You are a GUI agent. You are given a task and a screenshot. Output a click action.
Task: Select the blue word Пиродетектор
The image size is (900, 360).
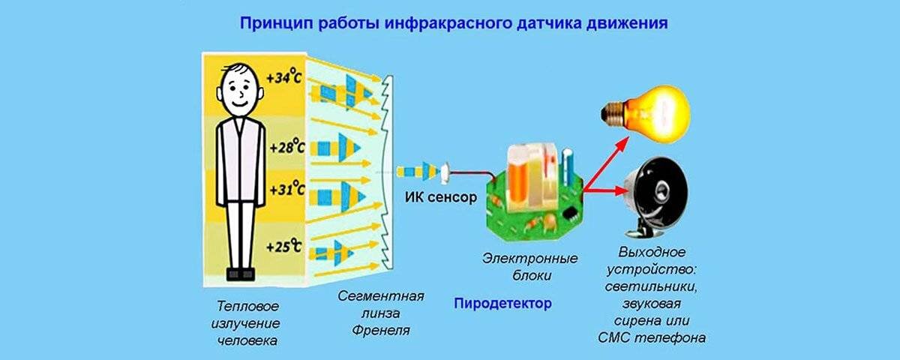point(502,304)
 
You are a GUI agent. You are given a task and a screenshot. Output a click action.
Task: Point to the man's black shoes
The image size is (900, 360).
point(241,274)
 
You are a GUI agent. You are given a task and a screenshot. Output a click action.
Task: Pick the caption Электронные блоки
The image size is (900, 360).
point(529,267)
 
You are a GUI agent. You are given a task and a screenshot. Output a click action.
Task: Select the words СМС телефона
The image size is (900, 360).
point(652,337)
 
